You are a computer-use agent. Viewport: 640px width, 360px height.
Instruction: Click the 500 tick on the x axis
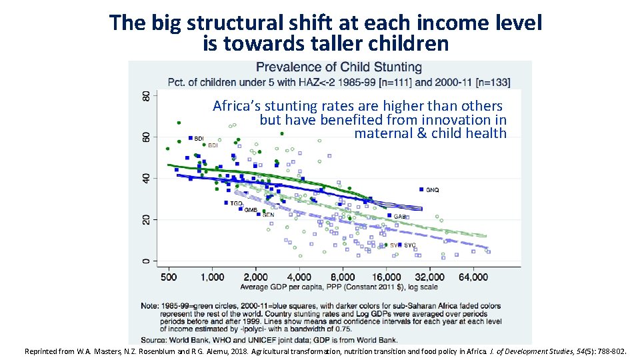click(169, 277)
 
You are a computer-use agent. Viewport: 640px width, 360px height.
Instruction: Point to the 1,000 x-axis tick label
click(211, 277)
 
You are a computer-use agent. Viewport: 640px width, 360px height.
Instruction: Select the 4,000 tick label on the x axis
click(299, 277)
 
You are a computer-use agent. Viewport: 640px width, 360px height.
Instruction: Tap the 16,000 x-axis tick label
click(386, 277)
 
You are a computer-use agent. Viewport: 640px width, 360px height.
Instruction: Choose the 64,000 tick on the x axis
click(473, 277)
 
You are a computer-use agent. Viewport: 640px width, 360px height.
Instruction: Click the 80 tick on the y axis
click(147, 96)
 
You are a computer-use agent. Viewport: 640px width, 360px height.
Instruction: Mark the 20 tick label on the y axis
click(147, 219)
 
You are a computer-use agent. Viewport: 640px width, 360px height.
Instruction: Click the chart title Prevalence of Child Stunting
click(339, 67)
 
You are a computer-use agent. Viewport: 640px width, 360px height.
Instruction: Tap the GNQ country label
click(432, 191)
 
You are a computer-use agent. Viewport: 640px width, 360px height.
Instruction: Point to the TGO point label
click(236, 203)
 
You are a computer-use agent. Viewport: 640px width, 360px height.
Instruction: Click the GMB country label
click(251, 211)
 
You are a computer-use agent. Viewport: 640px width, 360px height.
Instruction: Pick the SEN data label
click(268, 215)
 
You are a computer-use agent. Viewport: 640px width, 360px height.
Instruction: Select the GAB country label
click(400, 217)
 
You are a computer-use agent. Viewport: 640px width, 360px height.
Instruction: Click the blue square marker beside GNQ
click(421, 189)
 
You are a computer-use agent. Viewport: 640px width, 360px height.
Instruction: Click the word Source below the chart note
click(153, 339)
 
